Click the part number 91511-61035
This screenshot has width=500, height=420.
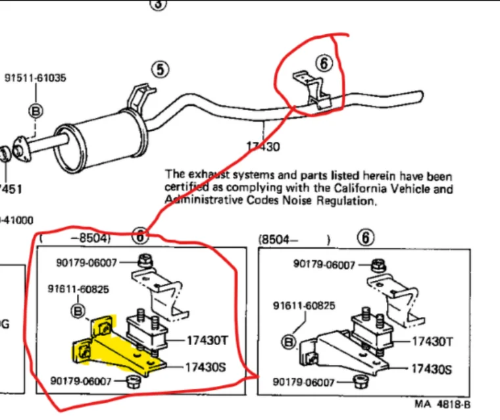pyautogui.click(x=36, y=78)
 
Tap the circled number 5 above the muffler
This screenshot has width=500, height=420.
pyautogui.click(x=161, y=69)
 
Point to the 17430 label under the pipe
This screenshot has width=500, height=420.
pyautogui.click(x=264, y=147)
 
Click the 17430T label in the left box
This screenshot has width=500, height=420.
pyautogui.click(x=207, y=340)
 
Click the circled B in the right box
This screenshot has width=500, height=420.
pyautogui.click(x=288, y=341)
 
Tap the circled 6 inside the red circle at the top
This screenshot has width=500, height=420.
pyautogui.click(x=324, y=64)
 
